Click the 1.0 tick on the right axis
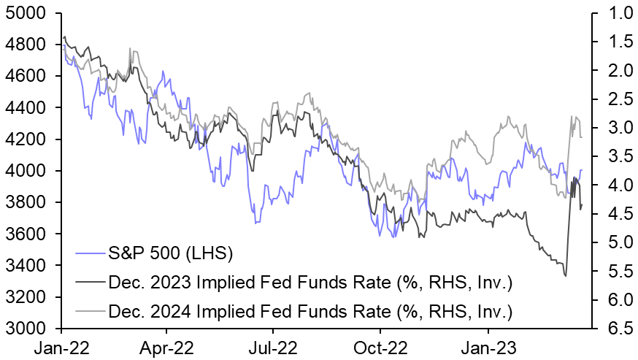614,13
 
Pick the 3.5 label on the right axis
614,156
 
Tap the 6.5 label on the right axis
614,329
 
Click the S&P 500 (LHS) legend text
169,254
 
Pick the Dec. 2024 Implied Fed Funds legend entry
310,313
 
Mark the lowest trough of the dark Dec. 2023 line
566,275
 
